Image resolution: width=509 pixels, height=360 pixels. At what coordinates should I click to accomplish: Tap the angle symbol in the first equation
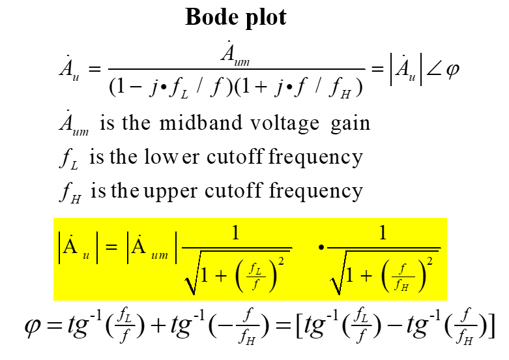click(435, 69)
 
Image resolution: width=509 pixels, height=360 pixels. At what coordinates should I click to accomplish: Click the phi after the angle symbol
click(452, 70)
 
